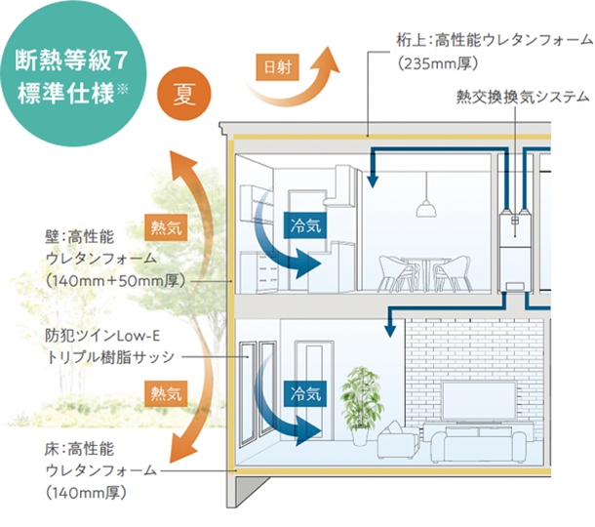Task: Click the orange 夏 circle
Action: click(x=184, y=94)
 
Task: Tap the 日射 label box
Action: click(x=277, y=67)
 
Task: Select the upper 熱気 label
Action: click(x=166, y=227)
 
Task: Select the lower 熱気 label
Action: click(x=166, y=393)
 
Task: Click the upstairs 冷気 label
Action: click(x=305, y=225)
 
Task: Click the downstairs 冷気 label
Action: click(x=305, y=393)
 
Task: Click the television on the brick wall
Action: click(x=479, y=402)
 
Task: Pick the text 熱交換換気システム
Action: click(x=523, y=97)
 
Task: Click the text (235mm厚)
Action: click(x=438, y=63)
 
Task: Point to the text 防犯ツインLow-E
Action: click(x=102, y=336)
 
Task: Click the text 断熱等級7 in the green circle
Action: click(x=71, y=61)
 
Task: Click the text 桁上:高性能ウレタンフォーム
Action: click(x=496, y=39)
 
